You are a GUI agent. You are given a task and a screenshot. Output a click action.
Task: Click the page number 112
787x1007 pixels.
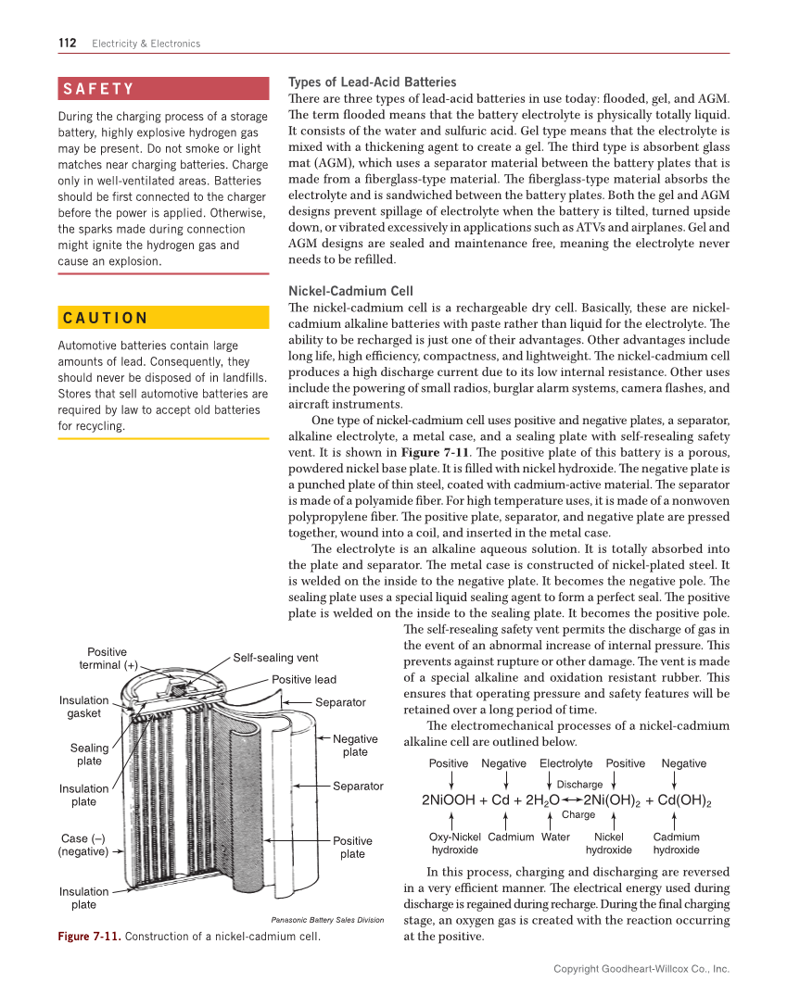point(67,43)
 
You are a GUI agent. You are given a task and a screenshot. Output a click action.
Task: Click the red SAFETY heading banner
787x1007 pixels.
point(163,89)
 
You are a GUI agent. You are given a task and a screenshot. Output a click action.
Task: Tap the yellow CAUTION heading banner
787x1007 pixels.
point(163,318)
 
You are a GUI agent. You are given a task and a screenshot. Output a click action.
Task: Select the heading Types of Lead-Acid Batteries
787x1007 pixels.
point(373,82)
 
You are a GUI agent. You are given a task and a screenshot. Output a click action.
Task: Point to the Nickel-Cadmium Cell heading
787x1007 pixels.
point(351,291)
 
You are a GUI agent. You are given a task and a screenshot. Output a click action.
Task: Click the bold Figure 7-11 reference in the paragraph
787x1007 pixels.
point(434,452)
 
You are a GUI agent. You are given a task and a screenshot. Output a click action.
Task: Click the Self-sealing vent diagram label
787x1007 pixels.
point(275,658)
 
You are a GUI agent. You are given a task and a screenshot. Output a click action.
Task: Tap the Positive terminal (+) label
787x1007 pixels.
point(108,659)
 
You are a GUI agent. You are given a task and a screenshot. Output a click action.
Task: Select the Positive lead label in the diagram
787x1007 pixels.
point(304,680)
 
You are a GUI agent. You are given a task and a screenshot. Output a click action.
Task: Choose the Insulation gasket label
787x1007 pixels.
point(83,707)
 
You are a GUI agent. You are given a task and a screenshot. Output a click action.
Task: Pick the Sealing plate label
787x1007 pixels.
point(89,754)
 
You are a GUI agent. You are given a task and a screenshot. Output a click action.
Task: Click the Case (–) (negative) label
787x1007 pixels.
point(83,845)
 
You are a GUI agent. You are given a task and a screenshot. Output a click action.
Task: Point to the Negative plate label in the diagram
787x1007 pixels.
point(355,746)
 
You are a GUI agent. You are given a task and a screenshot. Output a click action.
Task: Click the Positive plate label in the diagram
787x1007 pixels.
point(352,848)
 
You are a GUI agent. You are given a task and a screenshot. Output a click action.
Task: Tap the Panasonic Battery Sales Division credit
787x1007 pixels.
point(326,920)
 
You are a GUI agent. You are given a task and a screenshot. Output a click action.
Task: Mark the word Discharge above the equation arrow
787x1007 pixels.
point(579,785)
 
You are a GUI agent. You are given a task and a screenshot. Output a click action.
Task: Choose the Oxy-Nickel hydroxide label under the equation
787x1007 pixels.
point(455,843)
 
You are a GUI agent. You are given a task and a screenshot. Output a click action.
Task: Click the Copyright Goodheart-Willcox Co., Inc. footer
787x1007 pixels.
point(641,969)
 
